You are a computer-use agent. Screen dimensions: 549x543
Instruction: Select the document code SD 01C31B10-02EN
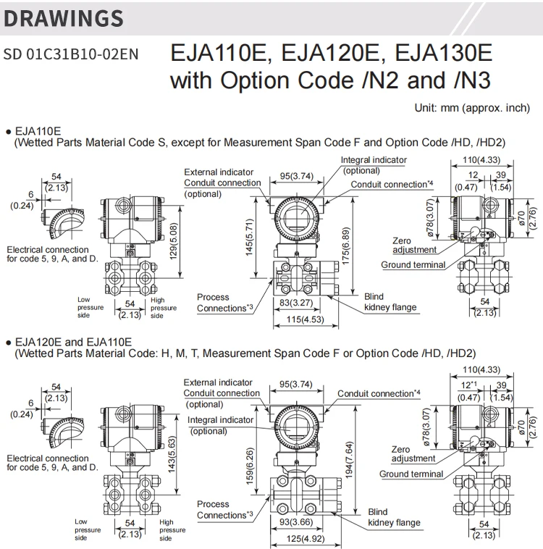click(71, 54)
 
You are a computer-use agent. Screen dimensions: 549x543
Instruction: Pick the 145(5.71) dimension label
click(249, 238)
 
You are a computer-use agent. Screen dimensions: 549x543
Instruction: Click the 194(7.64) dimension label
click(350, 458)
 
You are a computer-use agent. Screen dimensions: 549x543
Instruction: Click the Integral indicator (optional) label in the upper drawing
click(374, 164)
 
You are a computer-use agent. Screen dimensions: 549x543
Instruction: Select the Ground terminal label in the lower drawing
click(411, 474)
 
